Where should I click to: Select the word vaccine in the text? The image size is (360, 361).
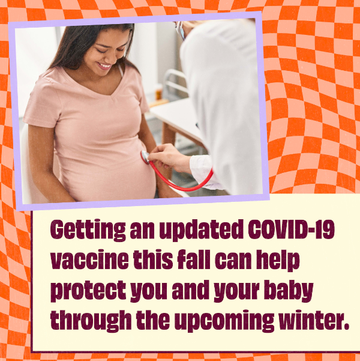click(89, 261)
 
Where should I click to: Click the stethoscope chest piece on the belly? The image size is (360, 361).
click(145, 157)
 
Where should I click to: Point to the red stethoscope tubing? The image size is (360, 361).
click(186, 183)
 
